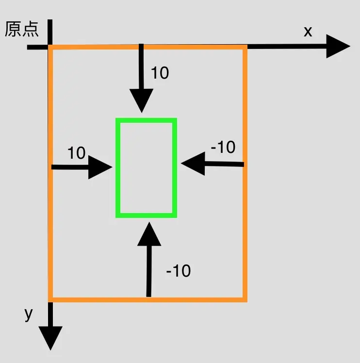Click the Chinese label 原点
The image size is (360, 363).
[x=21, y=30]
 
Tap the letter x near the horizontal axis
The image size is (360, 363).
[x=308, y=32]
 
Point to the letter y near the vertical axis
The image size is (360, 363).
[x=29, y=314]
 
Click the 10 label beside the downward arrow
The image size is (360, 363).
[x=160, y=73]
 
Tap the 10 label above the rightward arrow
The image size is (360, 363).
[x=76, y=153]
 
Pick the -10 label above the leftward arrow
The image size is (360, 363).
[x=223, y=147]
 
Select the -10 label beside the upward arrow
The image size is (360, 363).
[x=178, y=271]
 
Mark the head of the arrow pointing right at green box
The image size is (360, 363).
[x=111, y=167]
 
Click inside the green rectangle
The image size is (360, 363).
[x=146, y=167]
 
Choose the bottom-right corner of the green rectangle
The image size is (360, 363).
[x=174, y=214]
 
